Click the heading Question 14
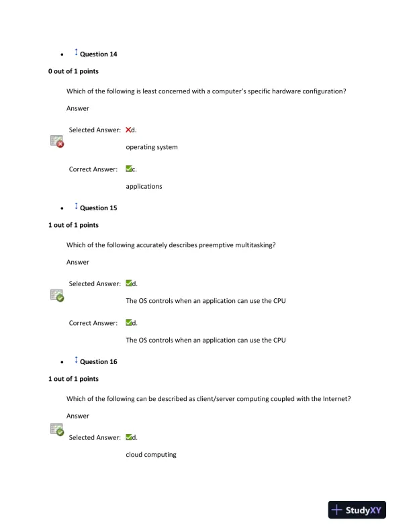98,54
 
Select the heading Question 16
98,362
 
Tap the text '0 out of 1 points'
73,71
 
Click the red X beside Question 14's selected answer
128,130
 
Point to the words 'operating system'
152,147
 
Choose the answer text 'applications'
144,186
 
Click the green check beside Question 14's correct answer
128,169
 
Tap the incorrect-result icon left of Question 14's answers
57,140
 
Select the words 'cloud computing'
151,455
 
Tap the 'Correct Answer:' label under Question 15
93,323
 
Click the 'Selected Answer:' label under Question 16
95,438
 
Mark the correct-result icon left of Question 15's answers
57,295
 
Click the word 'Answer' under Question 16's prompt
78,416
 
